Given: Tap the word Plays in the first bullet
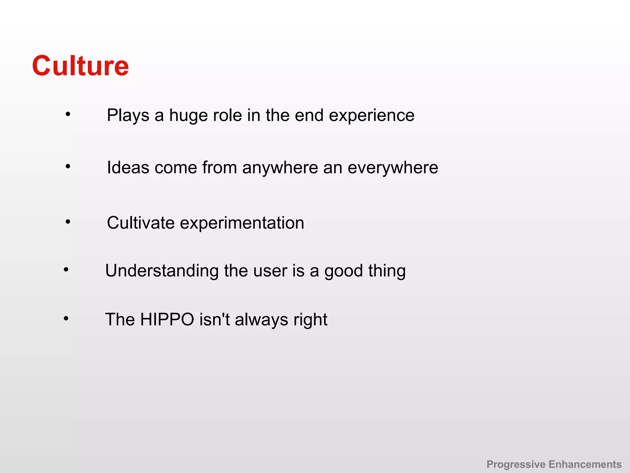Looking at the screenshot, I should click(x=128, y=115).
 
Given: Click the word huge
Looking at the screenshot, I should click(x=188, y=115).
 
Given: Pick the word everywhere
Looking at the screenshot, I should click(x=393, y=168).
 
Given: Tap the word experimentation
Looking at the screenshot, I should click(x=242, y=223).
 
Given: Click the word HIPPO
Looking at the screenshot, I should click(x=167, y=319).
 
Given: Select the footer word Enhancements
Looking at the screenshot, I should click(x=585, y=464).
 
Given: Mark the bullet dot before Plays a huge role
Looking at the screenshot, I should click(x=68, y=114).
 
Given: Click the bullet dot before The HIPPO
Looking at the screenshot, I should click(x=66, y=318).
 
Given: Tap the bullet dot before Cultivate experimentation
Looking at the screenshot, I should click(x=68, y=221).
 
